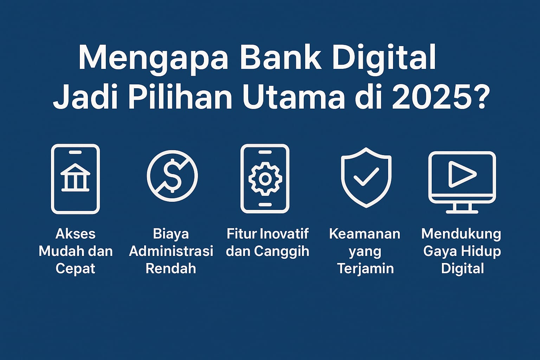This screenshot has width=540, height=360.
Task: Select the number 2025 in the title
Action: click(431, 97)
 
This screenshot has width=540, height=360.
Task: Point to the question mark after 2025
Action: click(481, 97)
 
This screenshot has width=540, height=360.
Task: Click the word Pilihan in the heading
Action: click(180, 97)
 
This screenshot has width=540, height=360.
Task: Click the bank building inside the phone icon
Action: click(75, 178)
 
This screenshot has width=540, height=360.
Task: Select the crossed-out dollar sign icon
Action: click(172, 175)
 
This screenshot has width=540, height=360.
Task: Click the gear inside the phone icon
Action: click(265, 179)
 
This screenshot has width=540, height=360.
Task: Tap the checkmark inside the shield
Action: click(366, 177)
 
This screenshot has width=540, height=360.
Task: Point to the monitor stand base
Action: click(462, 212)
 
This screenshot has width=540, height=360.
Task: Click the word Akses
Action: click(76, 234)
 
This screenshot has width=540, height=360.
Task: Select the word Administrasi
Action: click(171, 251)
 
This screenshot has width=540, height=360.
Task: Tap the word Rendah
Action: click(171, 268)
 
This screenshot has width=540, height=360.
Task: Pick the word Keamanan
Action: click(365, 234)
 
